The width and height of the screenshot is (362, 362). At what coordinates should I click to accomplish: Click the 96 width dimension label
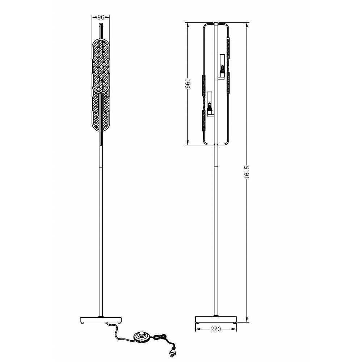(101, 17)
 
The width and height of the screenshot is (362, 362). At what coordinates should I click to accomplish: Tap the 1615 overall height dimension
(247, 173)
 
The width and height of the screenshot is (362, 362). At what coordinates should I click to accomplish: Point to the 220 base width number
(216, 329)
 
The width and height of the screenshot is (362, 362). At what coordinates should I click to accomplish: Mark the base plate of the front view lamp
(101, 320)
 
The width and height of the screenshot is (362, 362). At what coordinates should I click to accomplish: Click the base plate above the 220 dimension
(216, 320)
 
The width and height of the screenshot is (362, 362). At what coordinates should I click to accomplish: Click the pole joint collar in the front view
(101, 167)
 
